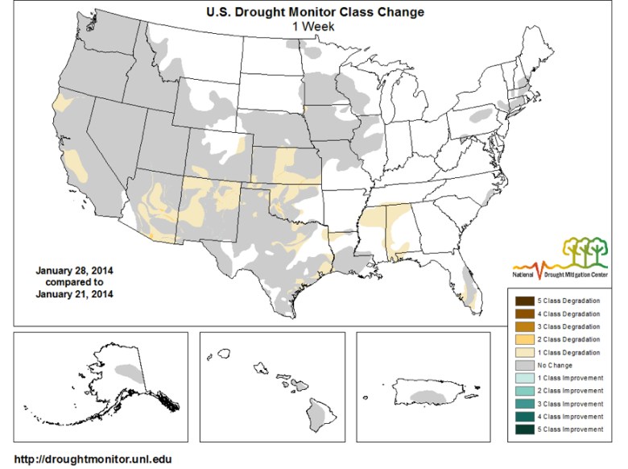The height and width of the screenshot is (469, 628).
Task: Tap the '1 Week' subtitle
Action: (x=313, y=26)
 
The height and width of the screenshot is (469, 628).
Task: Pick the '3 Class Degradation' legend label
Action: (x=570, y=326)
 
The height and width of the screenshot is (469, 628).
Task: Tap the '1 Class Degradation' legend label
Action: (x=570, y=352)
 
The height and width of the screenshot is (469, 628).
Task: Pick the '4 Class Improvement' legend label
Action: (x=570, y=417)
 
